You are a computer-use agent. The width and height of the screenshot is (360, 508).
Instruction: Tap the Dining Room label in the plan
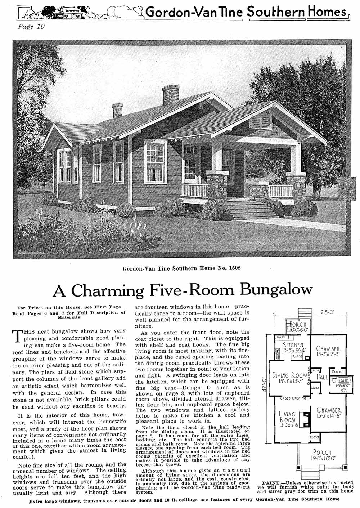coord(290,375)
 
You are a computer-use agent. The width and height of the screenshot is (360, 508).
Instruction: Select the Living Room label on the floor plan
coord(288,417)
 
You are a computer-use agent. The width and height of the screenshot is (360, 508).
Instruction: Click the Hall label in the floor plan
coord(321,376)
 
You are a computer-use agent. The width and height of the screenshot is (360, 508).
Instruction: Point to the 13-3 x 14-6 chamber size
coord(329,415)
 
